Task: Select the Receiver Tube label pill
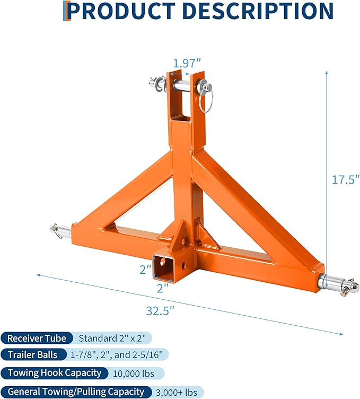tap(37, 338)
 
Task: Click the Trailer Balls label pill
tap(34, 355)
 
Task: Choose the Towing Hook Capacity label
tap(55, 373)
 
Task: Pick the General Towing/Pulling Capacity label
tap(75, 392)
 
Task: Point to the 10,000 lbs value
tap(134, 374)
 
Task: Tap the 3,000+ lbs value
tap(178, 392)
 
